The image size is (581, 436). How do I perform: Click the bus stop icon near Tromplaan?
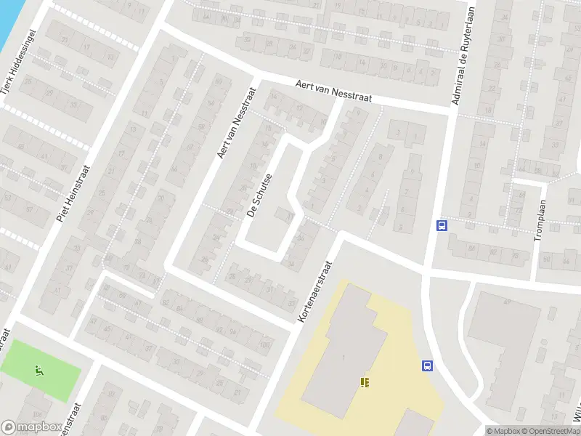click(441, 225)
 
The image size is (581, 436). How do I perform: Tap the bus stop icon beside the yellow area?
click(427, 366)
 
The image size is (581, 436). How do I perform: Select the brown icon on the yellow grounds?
click(365, 381)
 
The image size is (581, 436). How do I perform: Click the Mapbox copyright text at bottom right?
click(503, 431)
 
